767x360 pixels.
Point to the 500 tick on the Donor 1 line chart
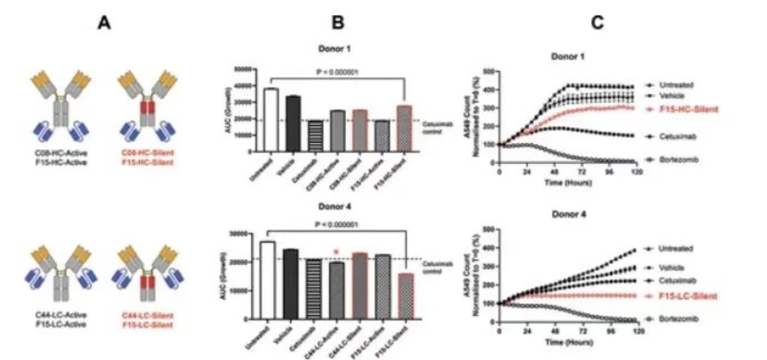[x=489, y=72]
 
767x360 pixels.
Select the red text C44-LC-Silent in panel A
[x=148, y=316]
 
